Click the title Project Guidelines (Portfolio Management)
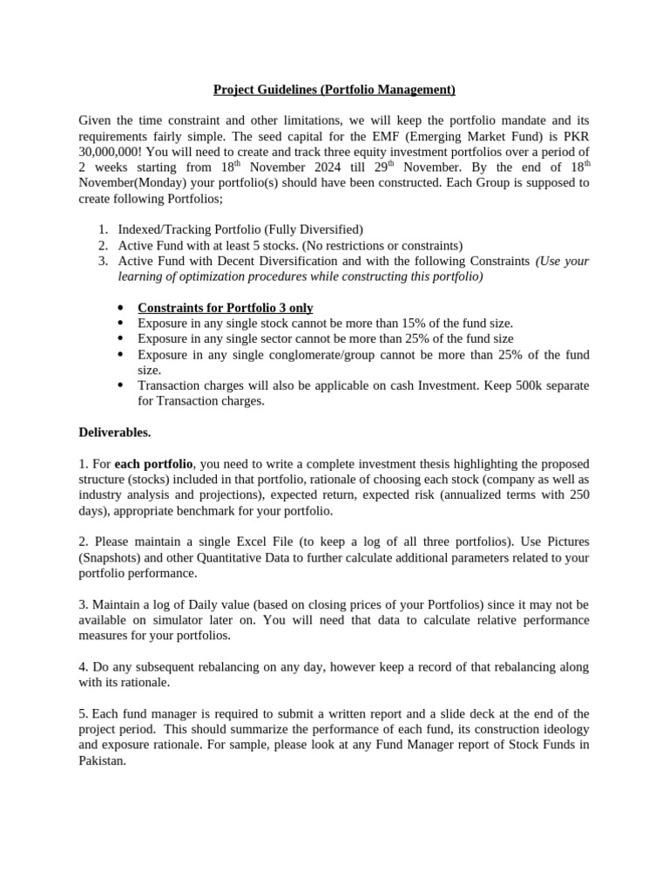tap(334, 89)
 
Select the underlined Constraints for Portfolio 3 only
tap(226, 308)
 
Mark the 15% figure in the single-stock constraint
tap(403, 324)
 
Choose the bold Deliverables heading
tap(115, 432)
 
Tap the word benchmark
tap(238, 510)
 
